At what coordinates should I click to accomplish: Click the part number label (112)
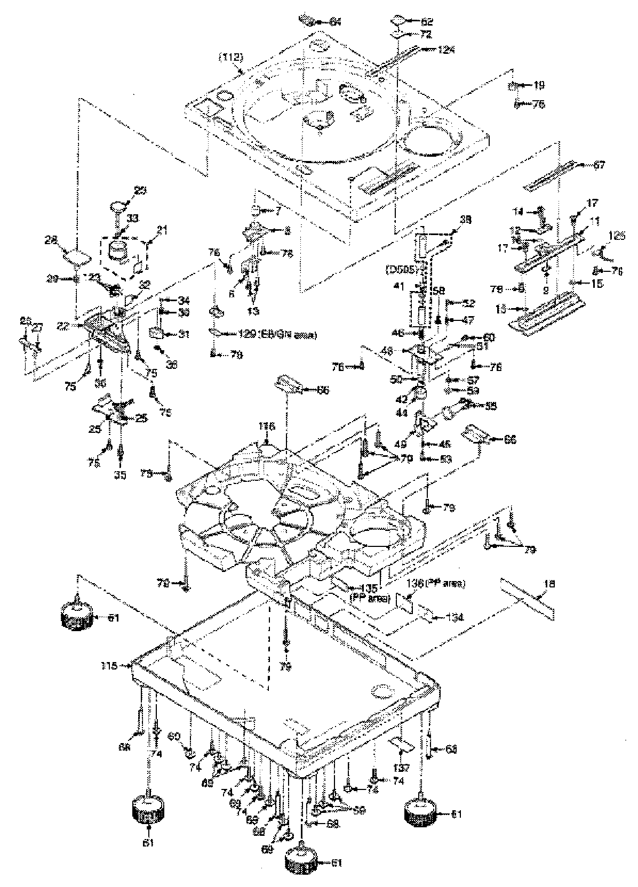click(x=230, y=56)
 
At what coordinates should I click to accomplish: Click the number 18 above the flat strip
click(x=549, y=584)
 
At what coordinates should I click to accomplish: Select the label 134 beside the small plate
click(x=455, y=617)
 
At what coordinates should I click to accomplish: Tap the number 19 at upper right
click(x=539, y=85)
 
